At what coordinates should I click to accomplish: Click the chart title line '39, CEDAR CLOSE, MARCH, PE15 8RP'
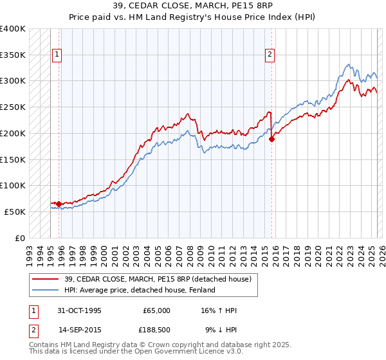193,7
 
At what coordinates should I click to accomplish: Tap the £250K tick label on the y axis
13,107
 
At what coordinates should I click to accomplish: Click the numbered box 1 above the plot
57,55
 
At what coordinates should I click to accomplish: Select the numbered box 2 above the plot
270,55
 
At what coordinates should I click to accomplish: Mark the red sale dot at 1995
59,204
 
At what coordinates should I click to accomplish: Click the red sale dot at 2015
272,138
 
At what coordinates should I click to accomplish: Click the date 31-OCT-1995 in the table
80,310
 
